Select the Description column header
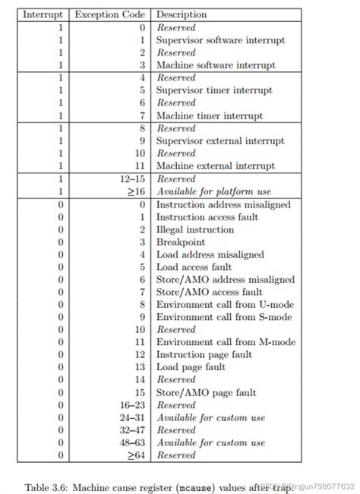(182, 14)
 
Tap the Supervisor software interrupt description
(221, 40)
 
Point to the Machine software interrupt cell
(216, 65)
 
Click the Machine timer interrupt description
(209, 116)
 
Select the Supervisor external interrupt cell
(220, 141)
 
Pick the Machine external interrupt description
(215, 165)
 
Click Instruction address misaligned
(223, 204)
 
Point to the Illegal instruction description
(194, 230)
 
